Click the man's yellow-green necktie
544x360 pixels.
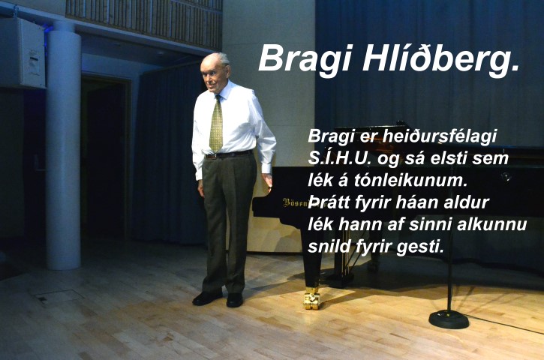[x=217, y=124]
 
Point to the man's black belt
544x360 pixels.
[x=228, y=154]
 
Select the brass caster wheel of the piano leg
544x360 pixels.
[x=311, y=298]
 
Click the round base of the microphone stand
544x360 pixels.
[x=449, y=319]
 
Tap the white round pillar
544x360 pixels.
[x=64, y=145]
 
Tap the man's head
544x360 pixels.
[x=215, y=71]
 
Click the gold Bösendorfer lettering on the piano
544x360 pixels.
[x=296, y=203]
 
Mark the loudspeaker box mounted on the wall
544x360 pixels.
[x=23, y=52]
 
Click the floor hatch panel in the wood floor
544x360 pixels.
[x=58, y=297]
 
